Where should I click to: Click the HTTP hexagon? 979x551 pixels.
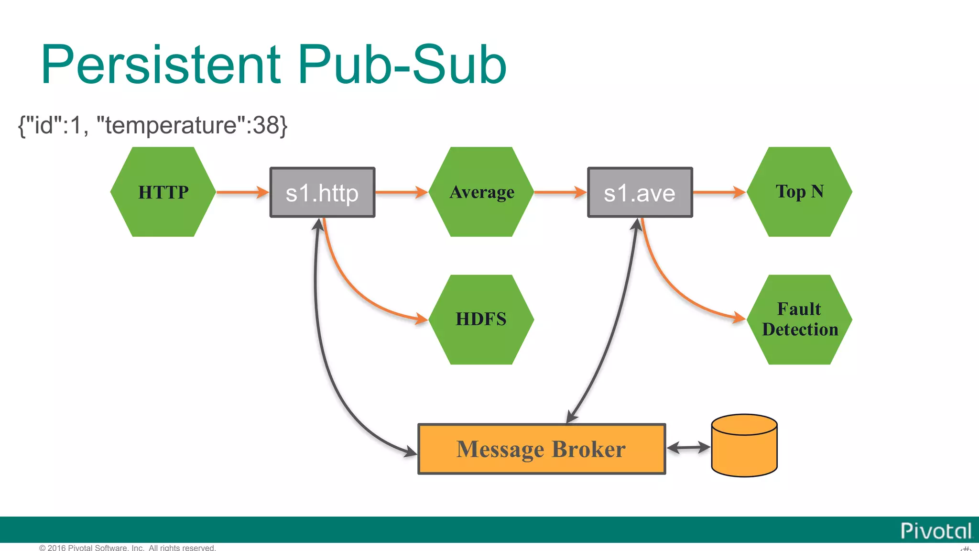click(x=163, y=192)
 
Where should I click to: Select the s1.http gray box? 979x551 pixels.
click(x=322, y=192)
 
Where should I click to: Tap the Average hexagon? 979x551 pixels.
click(x=481, y=192)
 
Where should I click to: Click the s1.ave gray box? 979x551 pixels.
click(x=640, y=192)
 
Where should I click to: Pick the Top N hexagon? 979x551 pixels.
click(x=799, y=192)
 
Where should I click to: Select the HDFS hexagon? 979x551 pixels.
click(x=481, y=320)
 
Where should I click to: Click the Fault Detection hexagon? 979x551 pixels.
click(x=799, y=320)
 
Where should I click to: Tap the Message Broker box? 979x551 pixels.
click(x=541, y=449)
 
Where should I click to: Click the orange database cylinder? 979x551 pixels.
click(x=744, y=446)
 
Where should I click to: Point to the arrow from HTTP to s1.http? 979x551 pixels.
click(x=242, y=192)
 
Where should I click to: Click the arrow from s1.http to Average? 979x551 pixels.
click(x=401, y=192)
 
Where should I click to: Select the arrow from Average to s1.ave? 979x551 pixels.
click(x=560, y=192)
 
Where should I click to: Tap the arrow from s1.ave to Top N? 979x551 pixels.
click(x=718, y=192)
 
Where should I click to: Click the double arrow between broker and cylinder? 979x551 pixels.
click(x=688, y=448)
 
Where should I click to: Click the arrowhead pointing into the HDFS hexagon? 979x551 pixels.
click(x=421, y=319)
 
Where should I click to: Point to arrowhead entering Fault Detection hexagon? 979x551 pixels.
click(x=739, y=317)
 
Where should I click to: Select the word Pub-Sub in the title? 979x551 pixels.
click(x=402, y=65)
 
